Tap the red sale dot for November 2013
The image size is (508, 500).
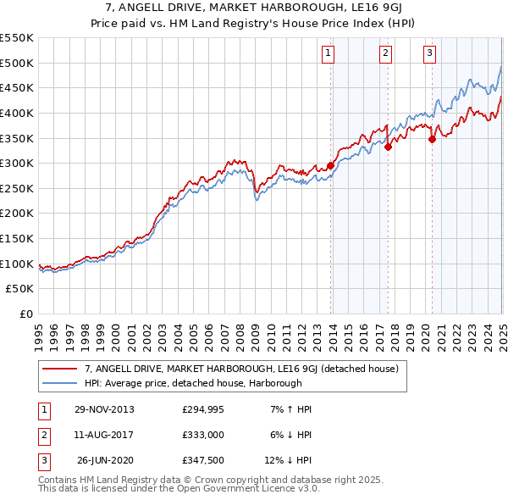(x=331, y=166)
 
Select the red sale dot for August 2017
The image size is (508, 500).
(x=388, y=147)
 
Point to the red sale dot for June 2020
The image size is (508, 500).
(x=432, y=139)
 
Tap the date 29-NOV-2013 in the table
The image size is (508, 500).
(x=104, y=409)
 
